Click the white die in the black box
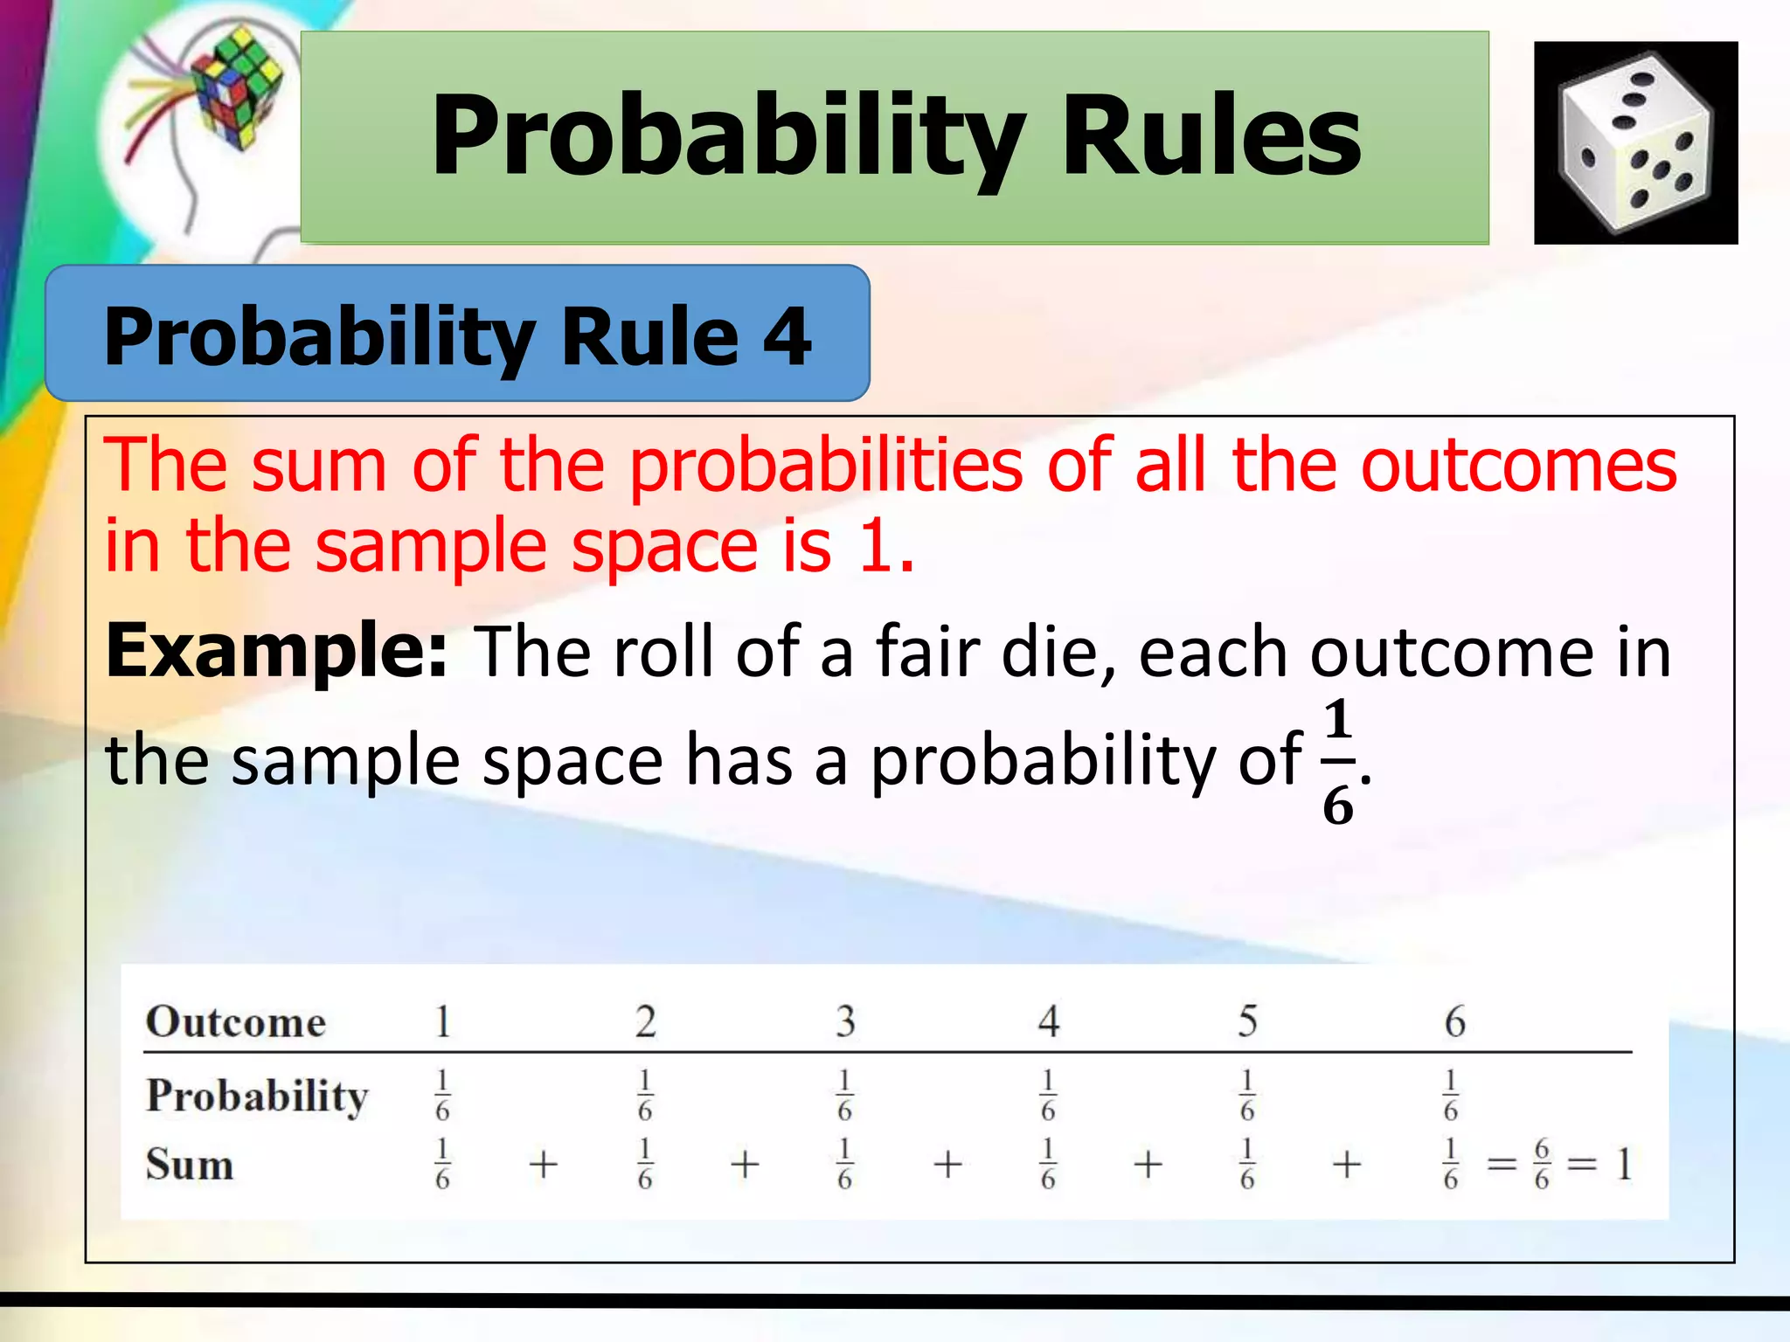coord(1635,144)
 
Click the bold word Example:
coord(276,651)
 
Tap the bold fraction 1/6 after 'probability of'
coord(1337,762)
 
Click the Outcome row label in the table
coord(236,1021)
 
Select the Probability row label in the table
coord(257,1096)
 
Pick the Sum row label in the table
coord(190,1165)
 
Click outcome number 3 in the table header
coord(844,1021)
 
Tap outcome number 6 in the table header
coord(1454,1021)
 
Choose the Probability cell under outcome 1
coord(442,1096)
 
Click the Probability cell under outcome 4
coord(1048,1096)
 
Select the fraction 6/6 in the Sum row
coord(1542,1165)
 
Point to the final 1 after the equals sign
coord(1623,1165)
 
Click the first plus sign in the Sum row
coord(543,1165)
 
